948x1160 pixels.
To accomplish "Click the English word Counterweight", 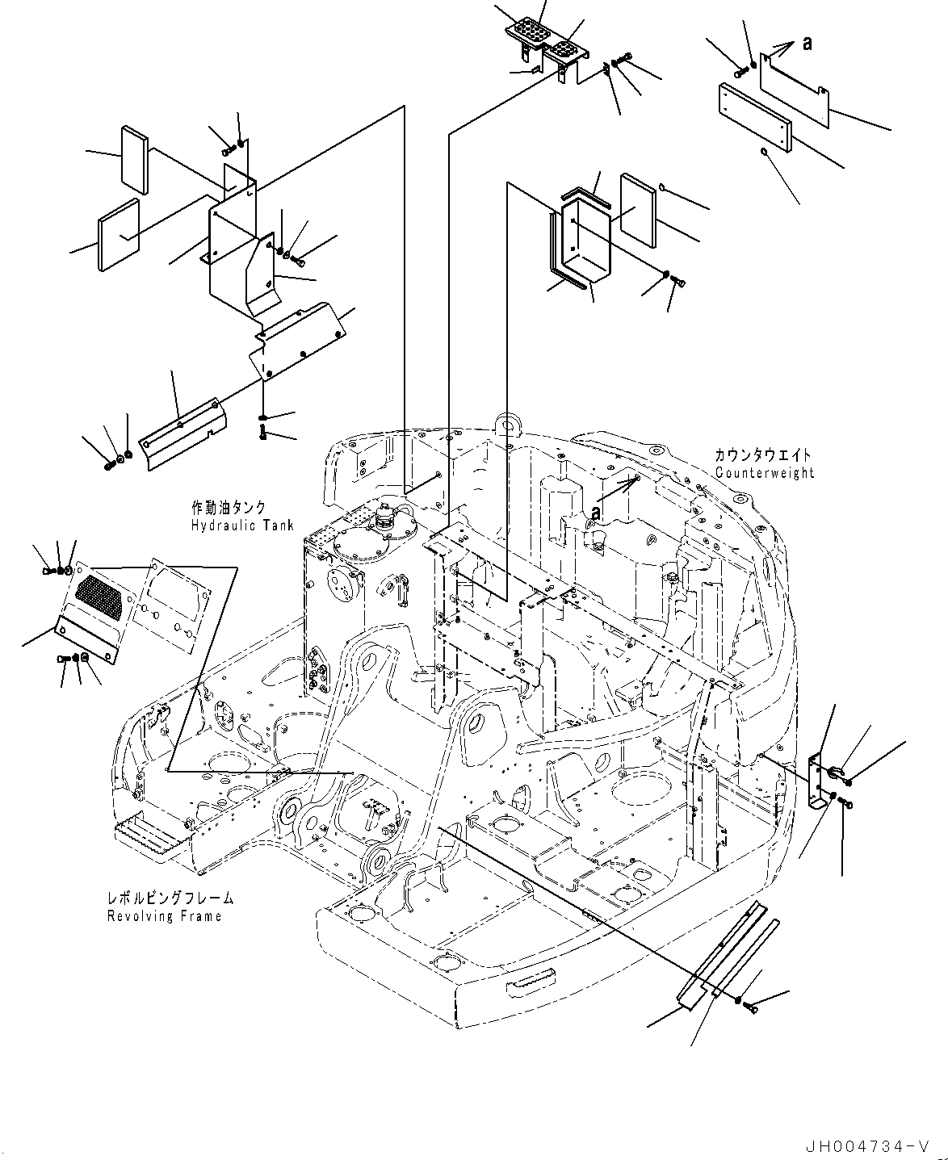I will point(765,473).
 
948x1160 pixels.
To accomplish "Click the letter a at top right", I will point(807,45).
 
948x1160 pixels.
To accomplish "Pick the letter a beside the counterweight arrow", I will point(595,512).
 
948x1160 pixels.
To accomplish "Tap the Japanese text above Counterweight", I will point(762,456).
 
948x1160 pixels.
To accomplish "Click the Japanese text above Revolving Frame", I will point(170,898).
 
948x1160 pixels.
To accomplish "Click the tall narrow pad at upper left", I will point(135,160).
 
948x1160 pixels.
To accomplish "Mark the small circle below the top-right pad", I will point(764,151).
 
